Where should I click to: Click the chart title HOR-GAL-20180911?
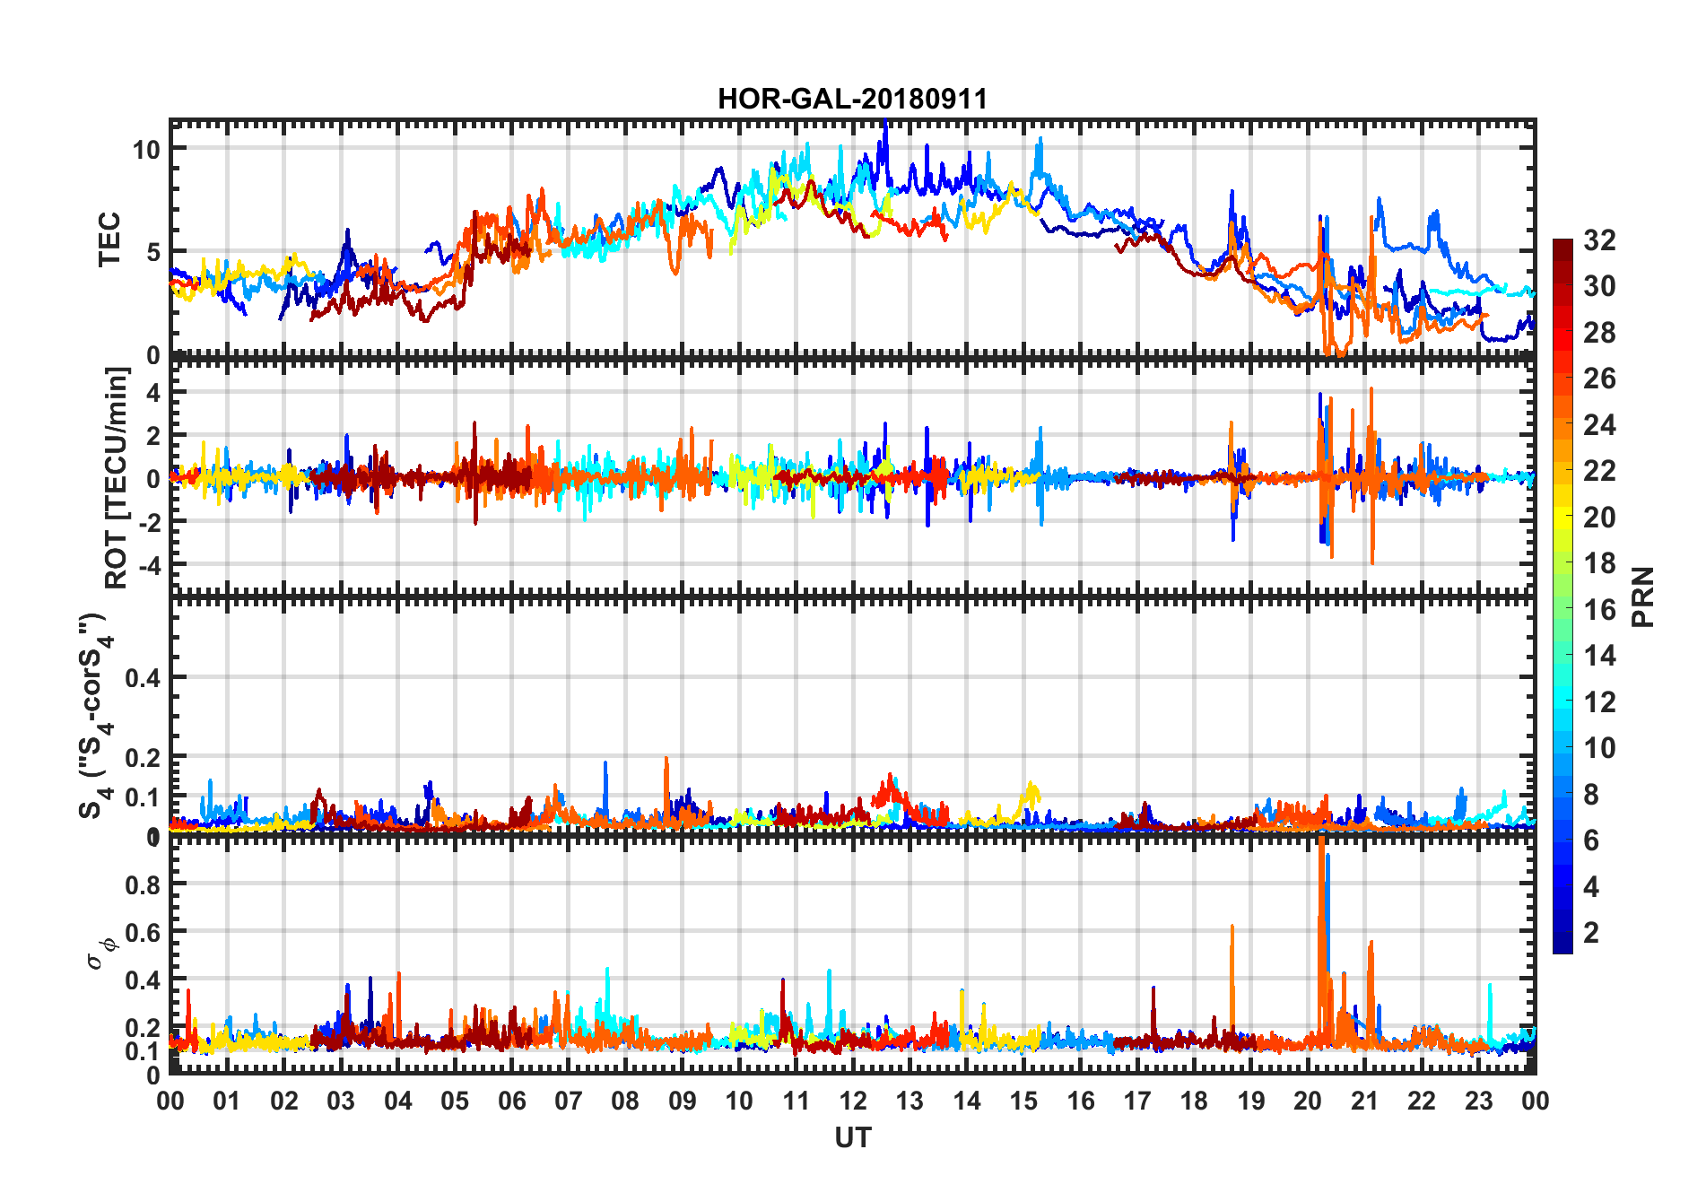coord(852,99)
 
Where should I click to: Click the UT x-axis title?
coord(852,1137)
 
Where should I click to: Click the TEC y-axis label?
coord(109,239)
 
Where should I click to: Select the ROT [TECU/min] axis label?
coord(117,477)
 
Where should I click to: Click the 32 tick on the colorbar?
coord(1599,240)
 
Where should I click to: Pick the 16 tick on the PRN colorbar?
coord(1599,610)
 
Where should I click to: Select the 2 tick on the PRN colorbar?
coord(1591,933)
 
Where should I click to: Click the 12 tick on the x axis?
coord(852,1101)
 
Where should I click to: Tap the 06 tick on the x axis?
coord(511,1101)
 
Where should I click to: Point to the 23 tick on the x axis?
coord(1478,1101)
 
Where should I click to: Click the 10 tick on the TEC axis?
coord(146,149)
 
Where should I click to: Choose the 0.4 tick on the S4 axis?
coord(143,678)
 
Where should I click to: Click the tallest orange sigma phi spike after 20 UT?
coord(1321,848)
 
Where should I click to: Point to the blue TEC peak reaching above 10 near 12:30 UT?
coord(885,126)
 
